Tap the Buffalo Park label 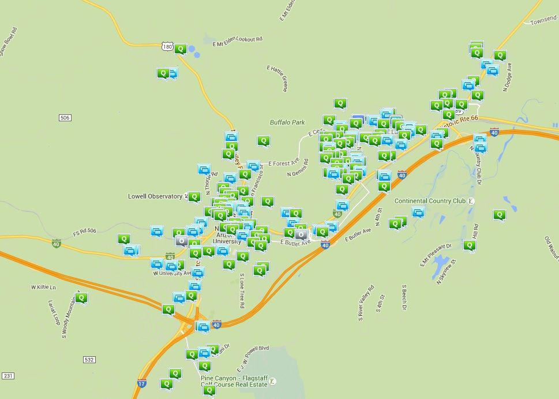(287, 122)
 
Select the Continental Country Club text (430, 201)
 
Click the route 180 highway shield (167, 46)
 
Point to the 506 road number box (65, 118)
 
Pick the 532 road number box (89, 359)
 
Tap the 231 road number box (7, 376)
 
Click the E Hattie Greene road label (277, 78)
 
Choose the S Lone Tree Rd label (242, 290)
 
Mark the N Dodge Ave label (508, 77)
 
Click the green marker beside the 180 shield (181, 49)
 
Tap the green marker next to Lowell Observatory (194, 196)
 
